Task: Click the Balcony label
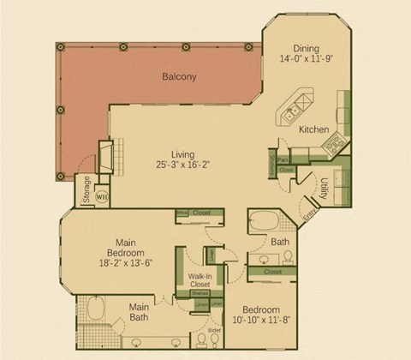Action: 179,77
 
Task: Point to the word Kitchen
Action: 313,129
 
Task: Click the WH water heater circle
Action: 102,196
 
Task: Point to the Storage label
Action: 86,190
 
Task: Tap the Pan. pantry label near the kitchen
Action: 282,159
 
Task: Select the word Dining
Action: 306,49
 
